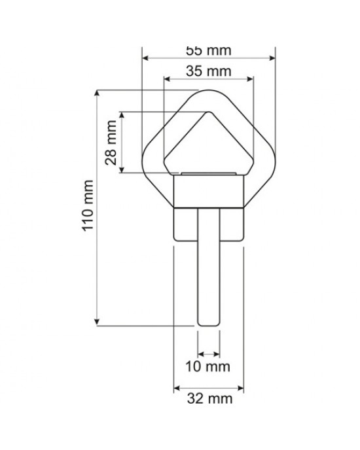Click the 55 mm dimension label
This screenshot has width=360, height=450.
(x=209, y=50)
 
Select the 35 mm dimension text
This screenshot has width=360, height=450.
(x=209, y=71)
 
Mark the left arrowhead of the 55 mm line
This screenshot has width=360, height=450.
(x=145, y=59)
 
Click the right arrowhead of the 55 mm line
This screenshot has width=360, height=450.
(x=273, y=59)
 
